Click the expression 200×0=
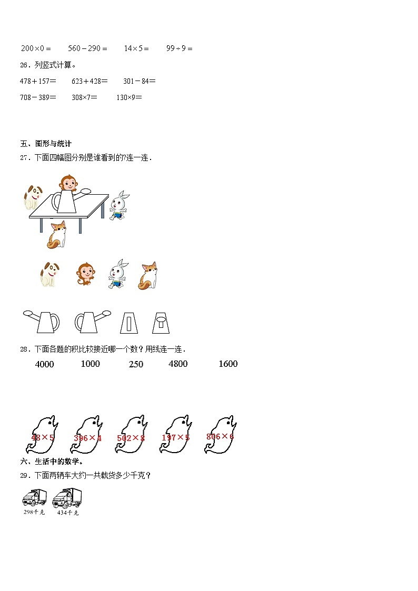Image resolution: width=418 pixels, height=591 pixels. click(x=36, y=48)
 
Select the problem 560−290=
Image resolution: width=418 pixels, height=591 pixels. click(x=87, y=48)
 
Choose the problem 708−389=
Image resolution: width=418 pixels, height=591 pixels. click(x=38, y=97)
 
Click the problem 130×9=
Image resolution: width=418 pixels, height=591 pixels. click(x=129, y=97)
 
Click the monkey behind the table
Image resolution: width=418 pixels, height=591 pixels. click(x=67, y=183)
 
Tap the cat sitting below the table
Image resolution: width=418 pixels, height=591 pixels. click(x=57, y=235)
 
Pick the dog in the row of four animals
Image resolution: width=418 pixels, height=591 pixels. click(x=49, y=275)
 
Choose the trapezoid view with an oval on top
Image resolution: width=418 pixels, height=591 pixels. click(x=161, y=322)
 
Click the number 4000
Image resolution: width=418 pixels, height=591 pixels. click(x=44, y=364)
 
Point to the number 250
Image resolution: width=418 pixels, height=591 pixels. click(x=136, y=364)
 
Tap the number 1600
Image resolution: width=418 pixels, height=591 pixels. click(x=228, y=364)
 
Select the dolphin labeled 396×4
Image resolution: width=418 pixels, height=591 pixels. click(x=87, y=434)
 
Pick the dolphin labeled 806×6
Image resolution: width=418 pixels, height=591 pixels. click(x=220, y=434)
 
